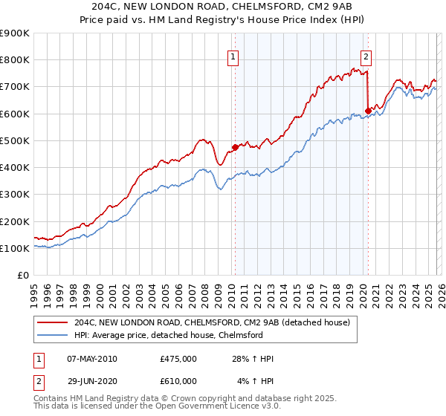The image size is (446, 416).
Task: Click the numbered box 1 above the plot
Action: click(233, 56)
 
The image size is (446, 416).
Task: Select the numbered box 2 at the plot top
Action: click(366, 56)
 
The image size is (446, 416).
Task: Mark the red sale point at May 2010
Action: click(235, 147)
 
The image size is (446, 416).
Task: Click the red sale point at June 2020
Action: click(368, 111)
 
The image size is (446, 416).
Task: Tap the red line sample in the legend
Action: click(53, 322)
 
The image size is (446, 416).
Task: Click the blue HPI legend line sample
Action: click(53, 335)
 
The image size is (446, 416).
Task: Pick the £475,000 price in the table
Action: click(178, 360)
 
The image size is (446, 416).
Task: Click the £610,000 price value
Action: click(178, 380)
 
